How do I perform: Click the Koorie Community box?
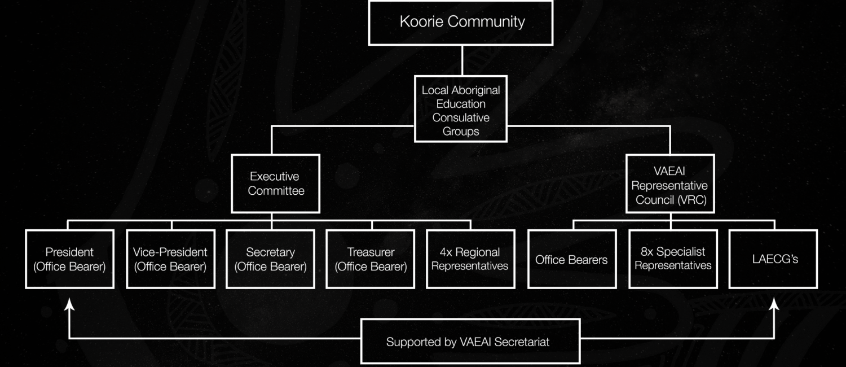tap(461, 23)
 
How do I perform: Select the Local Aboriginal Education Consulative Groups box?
tap(461, 109)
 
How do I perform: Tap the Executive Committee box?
tap(276, 183)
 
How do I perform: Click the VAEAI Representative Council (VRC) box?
tap(670, 183)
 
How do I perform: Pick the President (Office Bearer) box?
tap(70, 259)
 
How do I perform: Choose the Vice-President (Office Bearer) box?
tap(171, 259)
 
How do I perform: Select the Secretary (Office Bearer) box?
tap(270, 259)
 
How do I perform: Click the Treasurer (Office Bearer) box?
tap(371, 259)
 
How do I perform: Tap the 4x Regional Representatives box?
tap(470, 259)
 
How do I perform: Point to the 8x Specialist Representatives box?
tap(673, 259)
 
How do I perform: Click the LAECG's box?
tap(773, 259)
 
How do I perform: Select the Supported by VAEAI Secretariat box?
tap(470, 341)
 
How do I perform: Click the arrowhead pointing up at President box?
tap(69, 304)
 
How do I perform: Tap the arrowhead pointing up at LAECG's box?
tap(774, 304)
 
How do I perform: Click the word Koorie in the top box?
tap(421, 21)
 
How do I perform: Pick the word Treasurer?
tap(371, 252)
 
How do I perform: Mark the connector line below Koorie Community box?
tap(462, 60)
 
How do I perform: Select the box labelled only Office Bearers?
tap(572, 259)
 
